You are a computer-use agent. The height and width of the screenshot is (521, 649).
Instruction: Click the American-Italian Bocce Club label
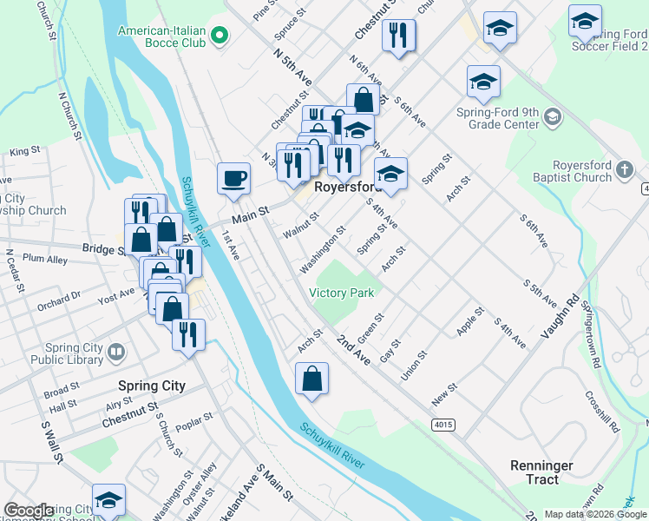tap(162, 36)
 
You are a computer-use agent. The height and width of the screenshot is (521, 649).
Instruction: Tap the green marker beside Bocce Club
tap(220, 36)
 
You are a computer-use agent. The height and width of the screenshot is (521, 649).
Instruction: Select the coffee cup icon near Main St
tap(234, 179)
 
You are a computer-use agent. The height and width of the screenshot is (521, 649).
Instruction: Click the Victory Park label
tap(342, 293)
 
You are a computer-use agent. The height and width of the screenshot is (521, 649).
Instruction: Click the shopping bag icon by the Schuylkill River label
tap(311, 379)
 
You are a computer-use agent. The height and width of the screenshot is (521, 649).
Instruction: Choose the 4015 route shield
tap(443, 424)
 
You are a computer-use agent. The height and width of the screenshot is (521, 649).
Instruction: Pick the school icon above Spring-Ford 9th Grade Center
tap(483, 82)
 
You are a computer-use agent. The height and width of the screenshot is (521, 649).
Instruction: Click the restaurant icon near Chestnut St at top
tap(399, 35)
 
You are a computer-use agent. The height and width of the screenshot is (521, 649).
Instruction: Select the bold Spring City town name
tap(152, 386)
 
